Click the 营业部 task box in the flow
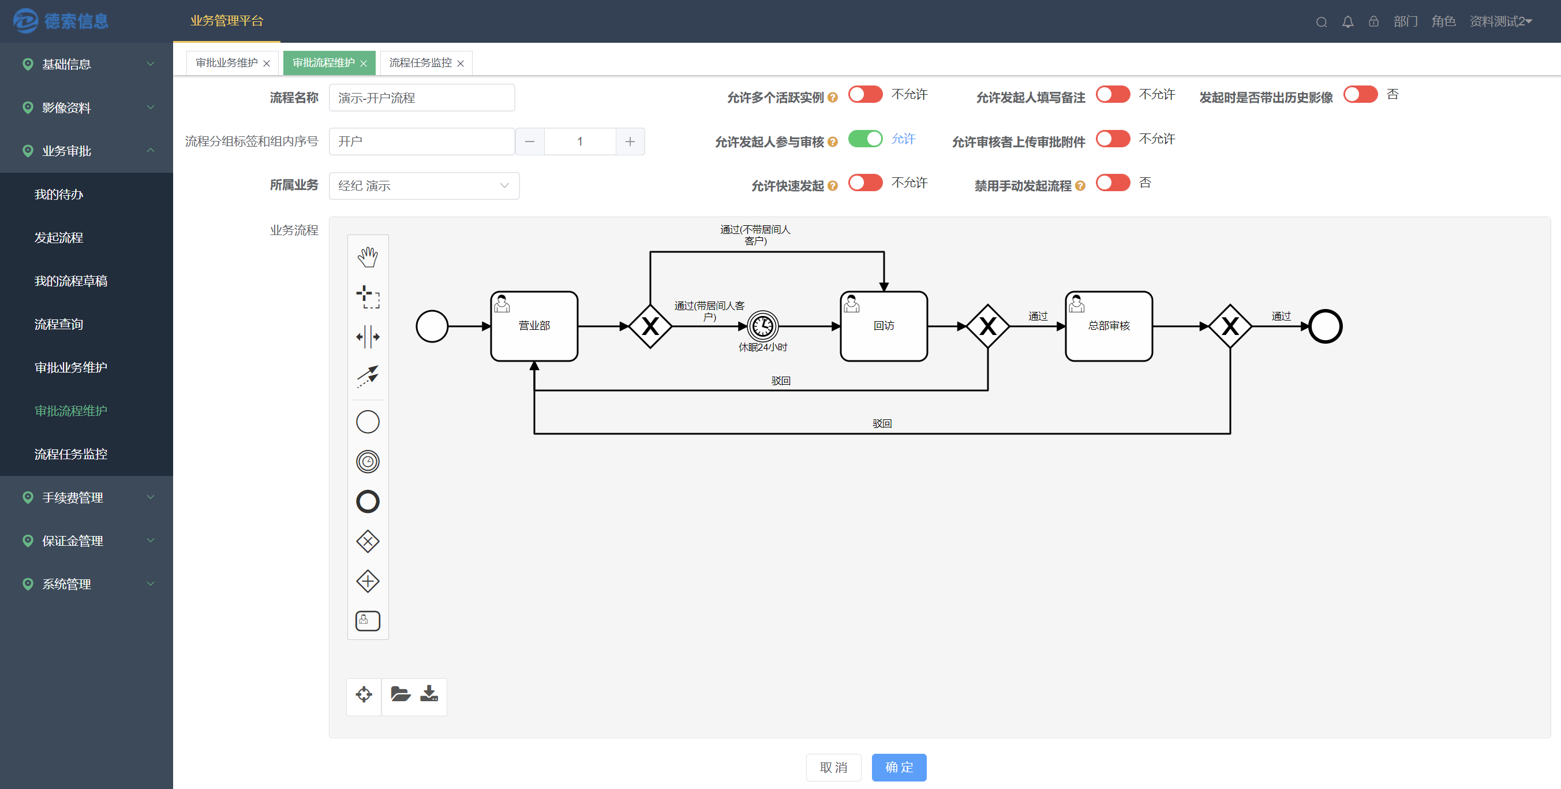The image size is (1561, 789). [x=534, y=326]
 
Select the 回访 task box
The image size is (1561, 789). [x=884, y=326]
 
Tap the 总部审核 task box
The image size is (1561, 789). [x=1109, y=326]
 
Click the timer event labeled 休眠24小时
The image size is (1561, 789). [x=762, y=326]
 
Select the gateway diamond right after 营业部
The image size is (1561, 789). [x=650, y=326]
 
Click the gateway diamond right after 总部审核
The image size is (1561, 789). [x=1230, y=326]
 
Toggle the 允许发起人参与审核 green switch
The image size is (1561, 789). [x=866, y=139]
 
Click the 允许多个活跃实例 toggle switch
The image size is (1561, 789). [x=866, y=95]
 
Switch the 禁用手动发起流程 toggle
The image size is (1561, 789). [x=1113, y=183]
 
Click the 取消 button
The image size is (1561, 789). [x=833, y=767]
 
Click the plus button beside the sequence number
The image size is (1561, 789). [x=630, y=142]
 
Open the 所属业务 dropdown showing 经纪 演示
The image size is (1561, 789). [x=424, y=185]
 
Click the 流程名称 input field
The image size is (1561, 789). [x=422, y=98]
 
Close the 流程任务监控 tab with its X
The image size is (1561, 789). [x=461, y=63]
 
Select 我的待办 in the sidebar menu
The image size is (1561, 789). [x=59, y=194]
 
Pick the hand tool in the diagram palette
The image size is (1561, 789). [x=368, y=257]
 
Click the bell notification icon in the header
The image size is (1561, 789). [x=1347, y=22]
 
